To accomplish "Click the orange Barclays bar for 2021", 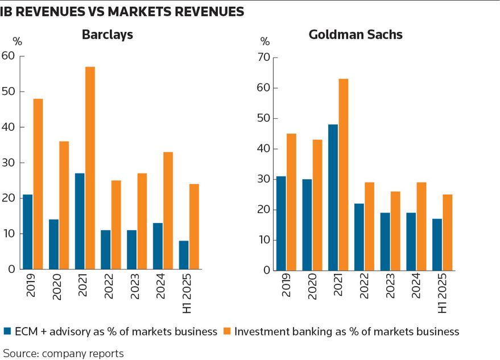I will [90, 168].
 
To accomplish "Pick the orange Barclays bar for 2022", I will [116, 225].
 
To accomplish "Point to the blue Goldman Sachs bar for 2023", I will [385, 241].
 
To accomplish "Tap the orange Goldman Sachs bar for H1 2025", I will [448, 233].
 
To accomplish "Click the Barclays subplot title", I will [108, 35].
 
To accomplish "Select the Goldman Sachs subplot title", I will [356, 35].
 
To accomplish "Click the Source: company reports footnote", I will [63, 353].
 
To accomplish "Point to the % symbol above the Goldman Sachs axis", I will [265, 42].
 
